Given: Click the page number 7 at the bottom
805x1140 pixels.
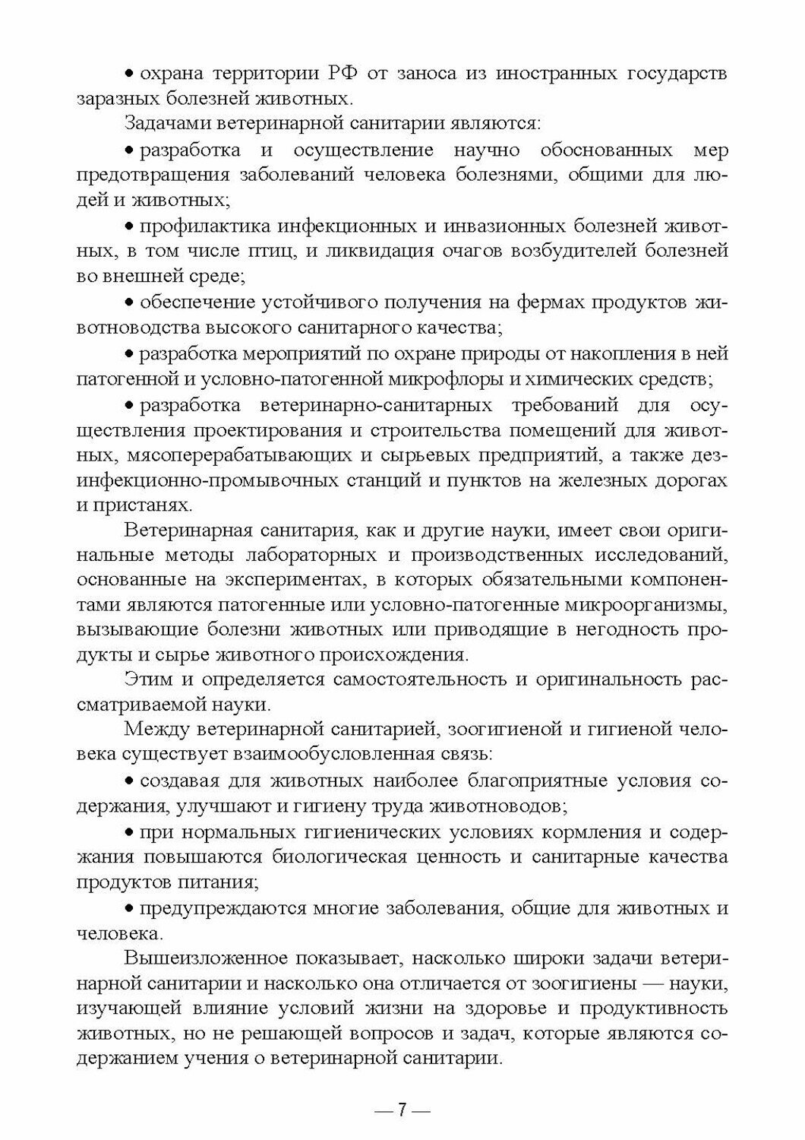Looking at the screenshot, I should pyautogui.click(x=402, y=1109).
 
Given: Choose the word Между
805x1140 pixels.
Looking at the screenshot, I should pyautogui.click(x=154, y=730).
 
